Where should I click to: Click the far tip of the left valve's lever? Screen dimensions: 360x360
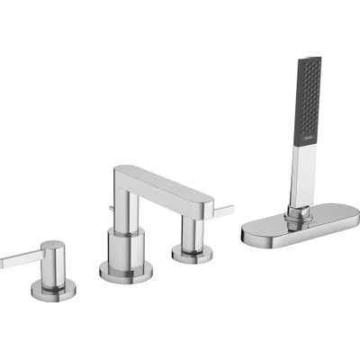4,262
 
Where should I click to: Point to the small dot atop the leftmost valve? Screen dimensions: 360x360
53,243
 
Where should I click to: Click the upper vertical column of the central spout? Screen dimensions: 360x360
125,202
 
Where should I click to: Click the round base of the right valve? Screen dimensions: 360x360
190,254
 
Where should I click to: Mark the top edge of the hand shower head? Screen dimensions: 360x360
309,59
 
